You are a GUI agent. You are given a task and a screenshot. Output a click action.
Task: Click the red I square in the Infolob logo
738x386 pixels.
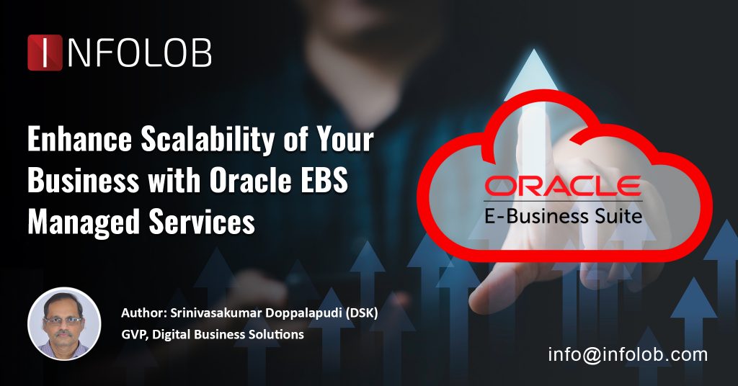(x=45, y=53)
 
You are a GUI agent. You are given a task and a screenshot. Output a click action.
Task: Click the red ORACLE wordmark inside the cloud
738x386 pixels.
(x=563, y=187)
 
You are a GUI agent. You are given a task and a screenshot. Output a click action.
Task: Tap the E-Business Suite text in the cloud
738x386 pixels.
(x=564, y=215)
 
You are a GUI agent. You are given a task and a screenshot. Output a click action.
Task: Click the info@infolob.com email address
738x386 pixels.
(x=628, y=354)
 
